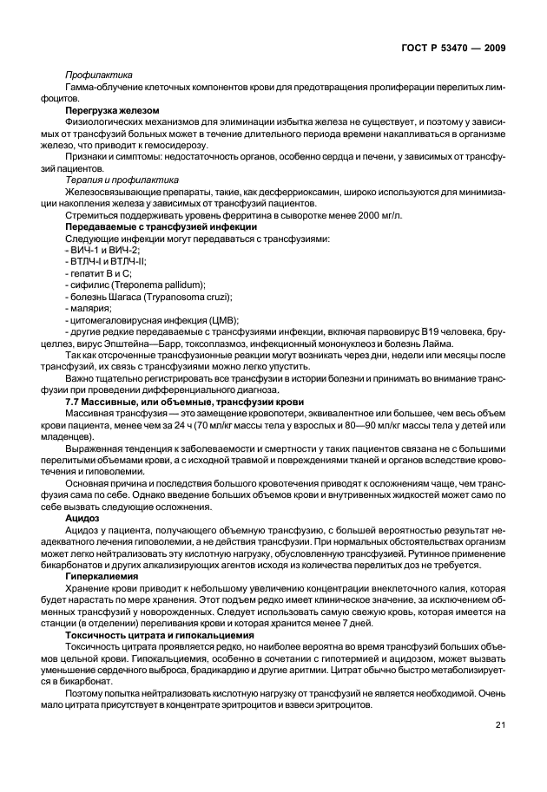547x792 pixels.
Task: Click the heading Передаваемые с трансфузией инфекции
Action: (x=145, y=226)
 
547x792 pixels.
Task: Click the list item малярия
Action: (x=89, y=307)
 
